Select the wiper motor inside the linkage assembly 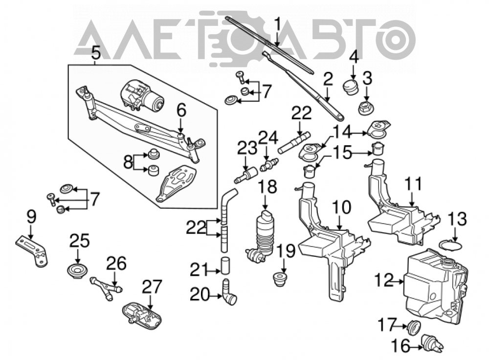pyautogui.click(x=142, y=96)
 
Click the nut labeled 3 pyautogui.click(x=365, y=107)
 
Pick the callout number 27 pyautogui.click(x=153, y=286)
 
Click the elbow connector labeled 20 pyautogui.click(x=229, y=292)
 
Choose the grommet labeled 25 pyautogui.click(x=77, y=271)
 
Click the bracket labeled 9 pyautogui.click(x=32, y=252)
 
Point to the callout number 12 pyautogui.click(x=385, y=280)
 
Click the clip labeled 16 pyautogui.click(x=432, y=343)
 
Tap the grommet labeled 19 pyautogui.click(x=280, y=279)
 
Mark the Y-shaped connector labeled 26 pyautogui.click(x=106, y=287)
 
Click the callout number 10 pyautogui.click(x=341, y=207)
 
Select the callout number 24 pyautogui.click(x=267, y=138)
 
